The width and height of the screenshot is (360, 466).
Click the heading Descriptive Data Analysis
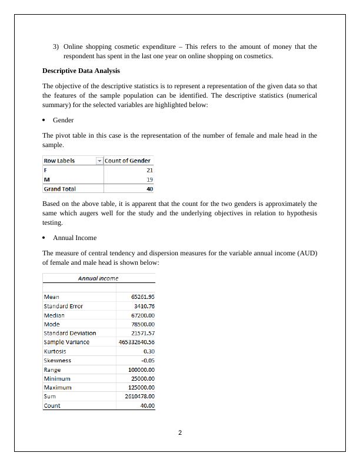pos(81,71)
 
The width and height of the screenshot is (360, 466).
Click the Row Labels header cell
pos(59,161)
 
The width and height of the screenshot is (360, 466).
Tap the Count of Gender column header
pos(128,161)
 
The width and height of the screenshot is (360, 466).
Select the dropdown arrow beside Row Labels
pos(99,161)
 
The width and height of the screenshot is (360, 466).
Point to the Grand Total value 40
pos(149,189)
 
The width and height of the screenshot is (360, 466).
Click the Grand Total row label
pos(59,189)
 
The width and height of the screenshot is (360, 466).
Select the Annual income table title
pos(98,278)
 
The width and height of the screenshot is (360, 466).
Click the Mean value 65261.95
pos(143,297)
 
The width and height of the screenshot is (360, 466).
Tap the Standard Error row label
pos(64,306)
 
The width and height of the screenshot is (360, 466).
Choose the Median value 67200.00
pos(143,315)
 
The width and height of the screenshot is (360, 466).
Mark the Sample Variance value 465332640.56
pos(137,342)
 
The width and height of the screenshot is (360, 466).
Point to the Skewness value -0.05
pos(148,360)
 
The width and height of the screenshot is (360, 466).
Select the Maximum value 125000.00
pos(141,387)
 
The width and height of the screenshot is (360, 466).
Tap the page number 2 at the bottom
pos(180,433)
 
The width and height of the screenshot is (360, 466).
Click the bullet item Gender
pos(63,120)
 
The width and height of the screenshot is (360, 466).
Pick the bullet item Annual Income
pos(75,238)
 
